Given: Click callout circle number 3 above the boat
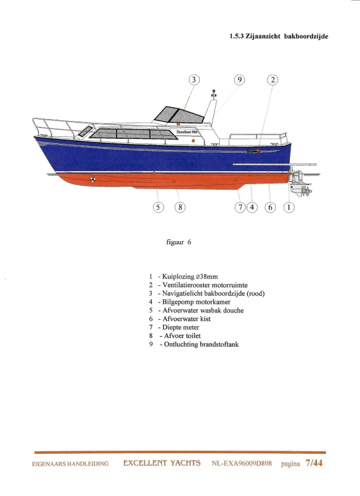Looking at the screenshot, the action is coord(194,80).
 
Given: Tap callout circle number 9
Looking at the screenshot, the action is coord(240,80).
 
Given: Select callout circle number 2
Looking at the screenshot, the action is coord(273,80).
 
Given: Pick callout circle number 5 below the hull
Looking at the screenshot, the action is coord(159,207).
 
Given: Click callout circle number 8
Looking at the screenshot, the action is coord(180,207).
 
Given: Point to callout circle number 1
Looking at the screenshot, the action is coord(289,207).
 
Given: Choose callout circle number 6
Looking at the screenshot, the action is coord(270,207).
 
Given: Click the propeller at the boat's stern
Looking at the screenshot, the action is coord(307,191).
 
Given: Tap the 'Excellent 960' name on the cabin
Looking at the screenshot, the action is coord(187,131).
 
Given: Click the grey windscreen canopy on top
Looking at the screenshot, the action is coord(178,115).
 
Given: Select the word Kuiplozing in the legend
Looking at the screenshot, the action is coord(178,277).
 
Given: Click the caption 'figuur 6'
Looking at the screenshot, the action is coord(178,242).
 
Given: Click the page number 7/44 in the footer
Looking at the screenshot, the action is coord(314,463).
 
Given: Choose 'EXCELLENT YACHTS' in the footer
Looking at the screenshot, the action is coord(162,463).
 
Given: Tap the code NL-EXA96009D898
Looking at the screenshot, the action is coord(242,464).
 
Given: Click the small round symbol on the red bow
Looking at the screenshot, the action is coord(92,180).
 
